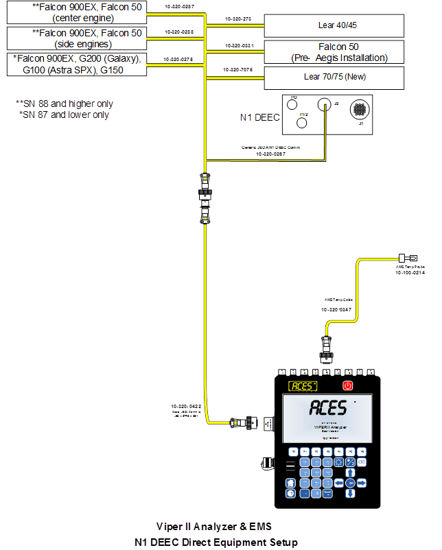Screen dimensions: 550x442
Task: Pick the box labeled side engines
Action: coord(77,38)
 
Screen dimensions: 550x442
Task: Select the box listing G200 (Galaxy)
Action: coord(77,64)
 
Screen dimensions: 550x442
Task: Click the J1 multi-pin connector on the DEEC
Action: coord(358,110)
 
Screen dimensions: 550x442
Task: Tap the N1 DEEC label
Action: coord(259,117)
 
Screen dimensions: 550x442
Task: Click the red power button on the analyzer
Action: coord(348,385)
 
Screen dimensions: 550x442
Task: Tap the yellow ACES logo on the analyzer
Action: coord(303,386)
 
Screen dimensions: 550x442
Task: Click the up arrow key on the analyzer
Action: coord(351,472)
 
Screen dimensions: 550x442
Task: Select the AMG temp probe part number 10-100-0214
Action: coord(410,273)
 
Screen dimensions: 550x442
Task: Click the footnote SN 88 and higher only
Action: coord(65,104)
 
